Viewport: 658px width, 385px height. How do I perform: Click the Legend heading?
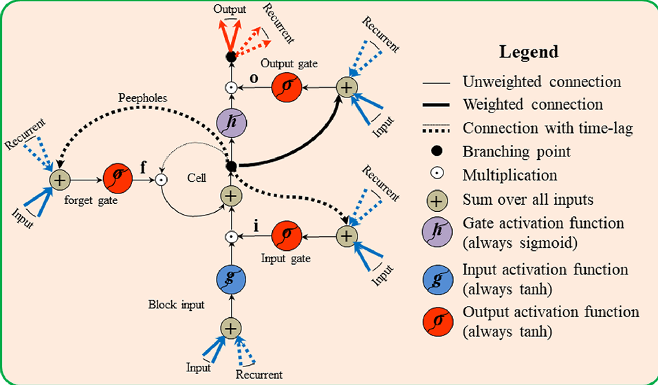pos(529,51)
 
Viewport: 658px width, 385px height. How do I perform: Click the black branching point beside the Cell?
pos(232,166)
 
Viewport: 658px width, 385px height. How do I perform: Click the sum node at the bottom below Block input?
pos(232,327)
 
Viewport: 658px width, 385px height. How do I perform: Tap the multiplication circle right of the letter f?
pos(161,180)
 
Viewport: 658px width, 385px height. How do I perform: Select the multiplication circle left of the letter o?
pos(232,88)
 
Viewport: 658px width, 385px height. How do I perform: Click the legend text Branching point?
pos(516,152)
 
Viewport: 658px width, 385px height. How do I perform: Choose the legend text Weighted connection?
pos(533,105)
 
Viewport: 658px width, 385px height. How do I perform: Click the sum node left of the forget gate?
pos(59,180)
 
